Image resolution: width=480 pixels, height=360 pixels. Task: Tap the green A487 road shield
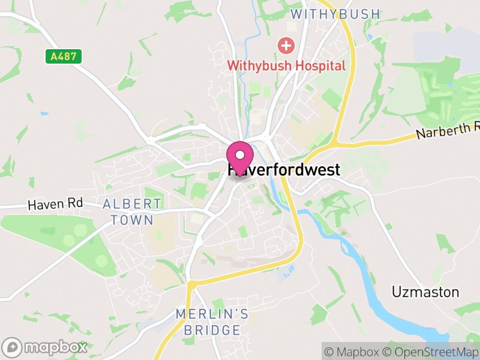pyautogui.click(x=63, y=57)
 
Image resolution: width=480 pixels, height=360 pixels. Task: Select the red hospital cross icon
pyautogui.click(x=286, y=45)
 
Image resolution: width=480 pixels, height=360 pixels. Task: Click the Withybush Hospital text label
pyautogui.click(x=286, y=65)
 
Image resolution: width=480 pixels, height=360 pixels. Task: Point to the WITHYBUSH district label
pyautogui.click(x=335, y=14)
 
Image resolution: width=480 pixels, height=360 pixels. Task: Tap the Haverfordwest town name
pyautogui.click(x=284, y=170)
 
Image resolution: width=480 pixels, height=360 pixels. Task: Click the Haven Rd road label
pyautogui.click(x=55, y=205)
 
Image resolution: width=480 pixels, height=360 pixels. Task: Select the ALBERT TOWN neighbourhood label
pyautogui.click(x=132, y=212)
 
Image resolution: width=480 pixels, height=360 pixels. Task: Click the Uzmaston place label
pyautogui.click(x=425, y=292)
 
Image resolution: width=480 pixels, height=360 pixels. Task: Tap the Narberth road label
pyautogui.click(x=447, y=128)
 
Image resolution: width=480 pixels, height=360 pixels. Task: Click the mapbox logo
pyautogui.click(x=44, y=347)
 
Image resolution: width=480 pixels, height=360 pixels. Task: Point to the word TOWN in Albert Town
pyautogui.click(x=132, y=220)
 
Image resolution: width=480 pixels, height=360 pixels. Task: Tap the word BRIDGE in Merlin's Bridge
pyautogui.click(x=212, y=330)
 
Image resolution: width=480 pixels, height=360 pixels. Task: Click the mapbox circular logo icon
pyautogui.click(x=12, y=347)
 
